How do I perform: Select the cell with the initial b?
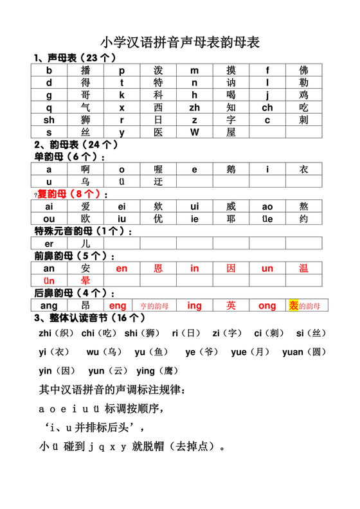click(x=49, y=71)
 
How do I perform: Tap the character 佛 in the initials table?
click(x=303, y=71)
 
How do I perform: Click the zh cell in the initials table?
click(x=194, y=107)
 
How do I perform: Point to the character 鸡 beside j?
click(x=303, y=95)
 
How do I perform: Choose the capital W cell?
click(x=194, y=132)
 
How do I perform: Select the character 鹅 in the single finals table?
click(x=231, y=170)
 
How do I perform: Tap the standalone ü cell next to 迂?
click(x=122, y=182)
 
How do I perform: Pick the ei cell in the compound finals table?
click(x=122, y=207)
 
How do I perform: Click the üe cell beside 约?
click(x=267, y=219)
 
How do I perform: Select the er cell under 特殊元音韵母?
click(x=49, y=244)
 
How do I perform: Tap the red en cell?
click(x=122, y=269)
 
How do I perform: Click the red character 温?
click(x=303, y=269)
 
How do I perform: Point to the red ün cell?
click(x=49, y=281)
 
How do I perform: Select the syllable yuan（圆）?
click(x=305, y=352)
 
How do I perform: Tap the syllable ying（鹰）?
click(x=154, y=371)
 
